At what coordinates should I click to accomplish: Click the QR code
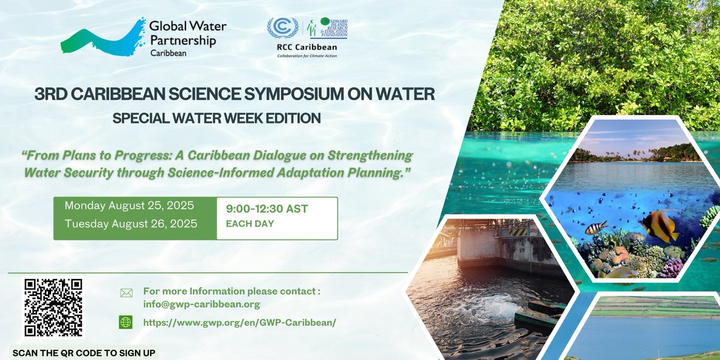click(53, 308)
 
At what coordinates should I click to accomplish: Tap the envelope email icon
click(126, 293)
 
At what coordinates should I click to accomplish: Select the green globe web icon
click(126, 322)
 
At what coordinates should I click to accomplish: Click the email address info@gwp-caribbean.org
click(201, 304)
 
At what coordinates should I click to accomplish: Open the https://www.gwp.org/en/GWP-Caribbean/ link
click(239, 322)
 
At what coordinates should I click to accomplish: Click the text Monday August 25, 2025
click(130, 206)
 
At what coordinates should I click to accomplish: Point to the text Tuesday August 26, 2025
click(130, 224)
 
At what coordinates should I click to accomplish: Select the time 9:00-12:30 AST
click(267, 209)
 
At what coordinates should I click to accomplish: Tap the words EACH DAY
click(250, 224)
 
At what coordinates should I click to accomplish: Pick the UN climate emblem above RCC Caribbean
click(282, 28)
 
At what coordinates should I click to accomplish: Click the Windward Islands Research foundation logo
click(327, 28)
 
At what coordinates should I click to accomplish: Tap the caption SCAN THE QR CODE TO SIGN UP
click(84, 353)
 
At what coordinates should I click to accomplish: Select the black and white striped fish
click(596, 227)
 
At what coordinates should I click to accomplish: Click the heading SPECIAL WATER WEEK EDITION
click(217, 118)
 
